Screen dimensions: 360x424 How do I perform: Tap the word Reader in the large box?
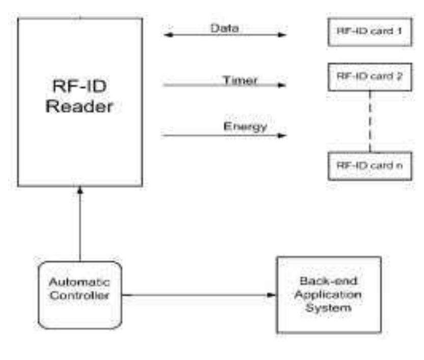click(x=79, y=107)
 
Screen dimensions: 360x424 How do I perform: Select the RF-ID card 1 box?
click(x=370, y=31)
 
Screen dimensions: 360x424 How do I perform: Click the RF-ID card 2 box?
click(x=370, y=77)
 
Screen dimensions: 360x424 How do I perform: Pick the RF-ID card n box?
click(x=370, y=166)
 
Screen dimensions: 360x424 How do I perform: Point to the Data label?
click(x=224, y=28)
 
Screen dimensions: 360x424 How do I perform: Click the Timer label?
click(x=240, y=79)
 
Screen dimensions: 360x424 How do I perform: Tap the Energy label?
click(x=245, y=126)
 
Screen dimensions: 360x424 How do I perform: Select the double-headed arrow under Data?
click(x=224, y=36)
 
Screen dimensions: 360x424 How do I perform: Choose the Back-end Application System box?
click(x=328, y=295)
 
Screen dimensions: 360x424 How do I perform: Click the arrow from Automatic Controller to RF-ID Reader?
click(x=79, y=224)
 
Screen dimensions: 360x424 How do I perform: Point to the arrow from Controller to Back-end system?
click(x=199, y=294)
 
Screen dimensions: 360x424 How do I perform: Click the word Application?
click(x=328, y=295)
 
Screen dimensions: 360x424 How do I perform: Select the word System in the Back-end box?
click(x=328, y=308)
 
